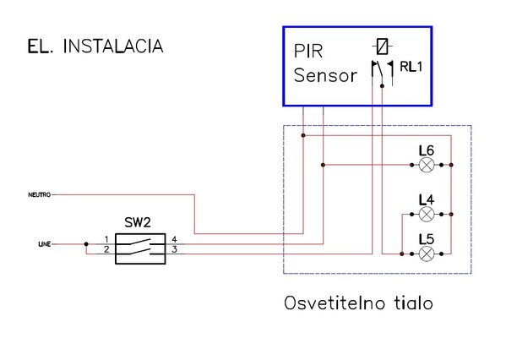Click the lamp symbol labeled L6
click(x=427, y=165)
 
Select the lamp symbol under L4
click(x=427, y=214)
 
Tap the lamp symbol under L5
click(x=427, y=254)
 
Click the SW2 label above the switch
click(x=138, y=222)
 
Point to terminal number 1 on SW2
click(x=106, y=239)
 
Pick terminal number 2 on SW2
click(x=106, y=249)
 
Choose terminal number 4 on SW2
click(x=174, y=239)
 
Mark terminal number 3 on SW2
click(x=174, y=249)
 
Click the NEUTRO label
click(x=40, y=194)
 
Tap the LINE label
click(x=45, y=244)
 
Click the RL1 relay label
click(x=411, y=67)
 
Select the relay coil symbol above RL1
click(x=382, y=46)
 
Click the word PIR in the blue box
click(x=308, y=51)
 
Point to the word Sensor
click(x=325, y=75)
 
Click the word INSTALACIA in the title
click(x=113, y=46)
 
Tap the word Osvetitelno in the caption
click(x=335, y=303)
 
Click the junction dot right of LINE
click(x=86, y=244)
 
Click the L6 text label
click(x=427, y=150)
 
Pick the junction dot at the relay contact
click(x=382, y=86)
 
